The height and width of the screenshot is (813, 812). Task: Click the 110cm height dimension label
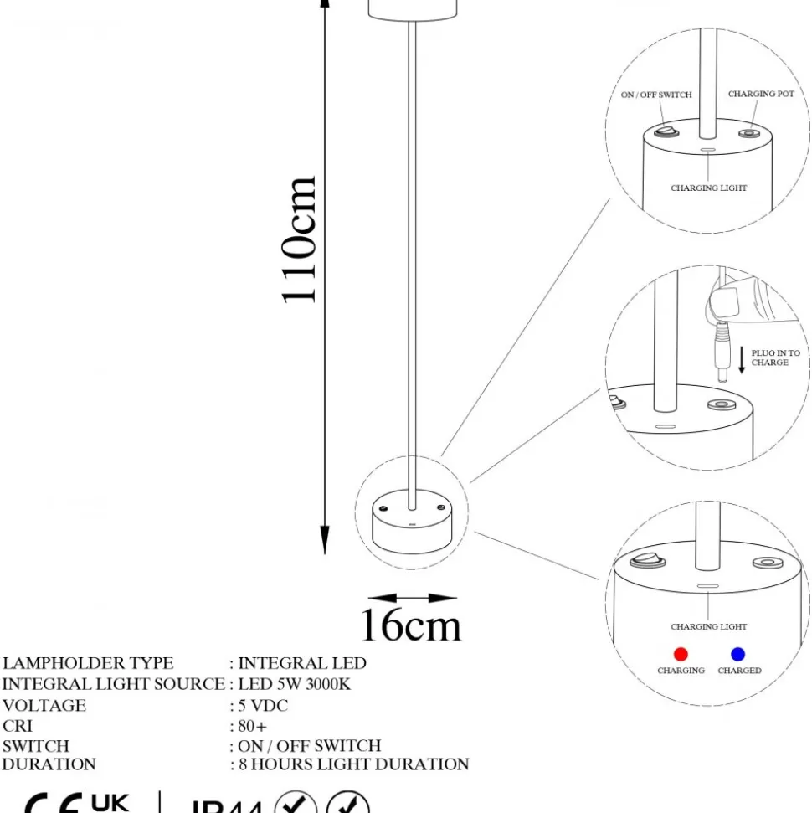pyautogui.click(x=300, y=239)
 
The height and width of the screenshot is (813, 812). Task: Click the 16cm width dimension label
pyautogui.click(x=410, y=625)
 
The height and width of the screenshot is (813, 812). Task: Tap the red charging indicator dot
pyautogui.click(x=681, y=654)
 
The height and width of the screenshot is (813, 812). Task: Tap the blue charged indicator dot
pyautogui.click(x=737, y=654)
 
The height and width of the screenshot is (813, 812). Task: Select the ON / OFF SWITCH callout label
pyautogui.click(x=656, y=95)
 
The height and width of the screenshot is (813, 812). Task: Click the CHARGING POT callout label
pyautogui.click(x=761, y=95)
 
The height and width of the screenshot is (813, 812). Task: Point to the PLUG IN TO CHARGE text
pyautogui.click(x=775, y=358)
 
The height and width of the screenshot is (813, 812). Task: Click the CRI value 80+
pyautogui.click(x=253, y=726)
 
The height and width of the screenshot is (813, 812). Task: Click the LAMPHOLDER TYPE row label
pyautogui.click(x=88, y=663)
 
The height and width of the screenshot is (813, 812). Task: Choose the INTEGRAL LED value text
pyautogui.click(x=302, y=663)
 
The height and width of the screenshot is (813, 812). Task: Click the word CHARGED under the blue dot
pyautogui.click(x=739, y=671)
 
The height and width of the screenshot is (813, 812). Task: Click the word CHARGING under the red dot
pyautogui.click(x=681, y=671)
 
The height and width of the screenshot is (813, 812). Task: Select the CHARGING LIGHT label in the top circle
pyautogui.click(x=708, y=188)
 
